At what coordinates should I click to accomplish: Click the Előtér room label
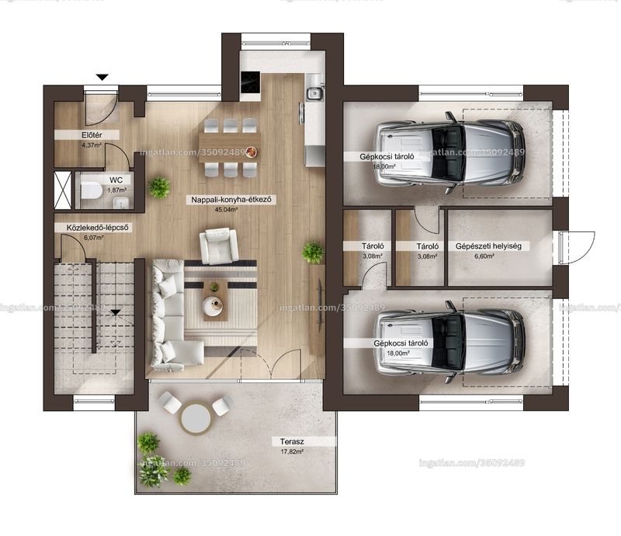tap(92, 135)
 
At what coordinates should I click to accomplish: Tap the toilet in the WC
tap(91, 190)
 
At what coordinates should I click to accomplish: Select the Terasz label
tap(292, 441)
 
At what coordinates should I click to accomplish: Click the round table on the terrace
tap(195, 418)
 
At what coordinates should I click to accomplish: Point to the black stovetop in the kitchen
tap(250, 82)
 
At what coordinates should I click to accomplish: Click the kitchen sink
tap(314, 93)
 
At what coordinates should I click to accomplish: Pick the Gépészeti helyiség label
tap(488, 246)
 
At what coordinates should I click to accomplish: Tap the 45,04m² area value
tap(226, 210)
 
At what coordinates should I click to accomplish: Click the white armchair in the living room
tap(219, 245)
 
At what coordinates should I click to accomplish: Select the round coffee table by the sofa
tap(213, 306)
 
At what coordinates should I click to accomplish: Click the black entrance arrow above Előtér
tap(102, 78)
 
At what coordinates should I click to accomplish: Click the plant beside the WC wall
tap(160, 187)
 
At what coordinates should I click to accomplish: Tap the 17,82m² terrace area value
tap(293, 451)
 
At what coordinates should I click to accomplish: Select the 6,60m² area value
tap(484, 256)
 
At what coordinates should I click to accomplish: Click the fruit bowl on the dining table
tap(250, 151)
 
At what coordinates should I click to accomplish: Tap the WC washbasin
tap(120, 203)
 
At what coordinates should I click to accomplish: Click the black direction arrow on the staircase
tap(115, 313)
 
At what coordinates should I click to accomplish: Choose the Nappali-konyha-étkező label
tap(231, 200)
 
